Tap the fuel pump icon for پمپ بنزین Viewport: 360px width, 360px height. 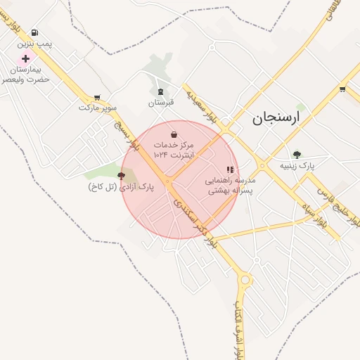click(35, 32)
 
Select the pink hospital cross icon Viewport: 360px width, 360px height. click(26, 59)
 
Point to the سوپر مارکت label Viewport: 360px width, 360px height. click(97, 108)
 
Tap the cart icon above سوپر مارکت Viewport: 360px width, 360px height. click(96, 98)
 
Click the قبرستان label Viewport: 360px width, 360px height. click(160, 103)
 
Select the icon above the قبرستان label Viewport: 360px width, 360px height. click(160, 91)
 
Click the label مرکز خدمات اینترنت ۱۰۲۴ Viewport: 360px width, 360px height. click(174, 148)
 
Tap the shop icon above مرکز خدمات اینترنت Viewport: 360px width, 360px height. click(174, 134)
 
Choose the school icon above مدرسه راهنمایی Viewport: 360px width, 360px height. click(229, 169)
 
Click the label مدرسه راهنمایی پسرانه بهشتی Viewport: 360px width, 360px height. click(229, 185)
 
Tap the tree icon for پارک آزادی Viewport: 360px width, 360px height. click(122, 176)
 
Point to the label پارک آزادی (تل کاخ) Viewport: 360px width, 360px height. click(121, 187)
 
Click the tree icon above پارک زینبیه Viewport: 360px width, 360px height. click(297, 155)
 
